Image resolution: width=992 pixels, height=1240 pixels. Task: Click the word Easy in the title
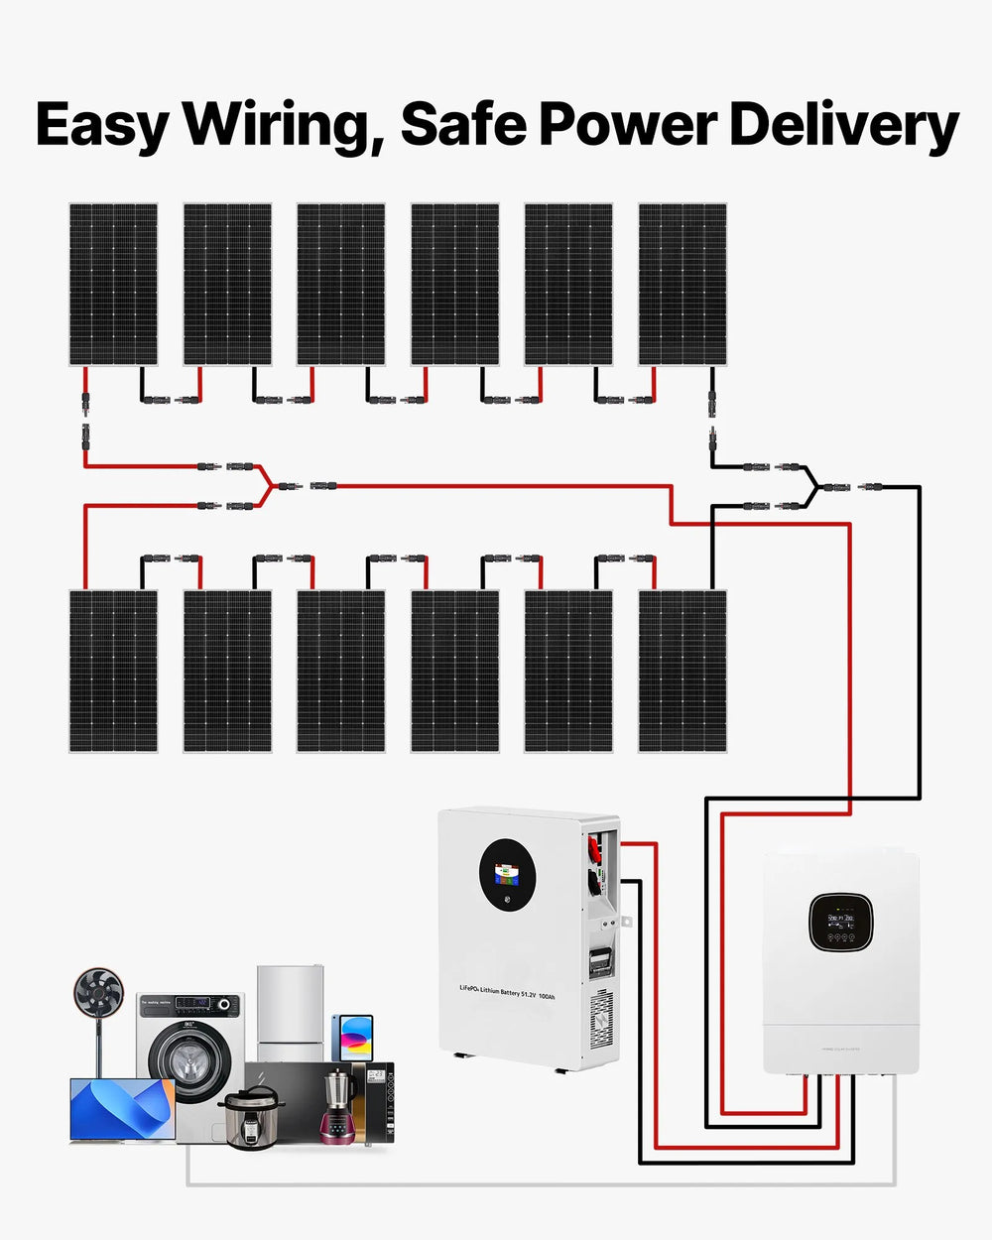[100, 126]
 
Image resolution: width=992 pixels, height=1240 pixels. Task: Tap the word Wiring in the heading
[284, 126]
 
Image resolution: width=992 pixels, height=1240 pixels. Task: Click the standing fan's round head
[98, 992]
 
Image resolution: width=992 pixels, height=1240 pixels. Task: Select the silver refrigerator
[291, 1012]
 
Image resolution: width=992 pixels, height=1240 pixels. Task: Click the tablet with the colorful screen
[353, 1038]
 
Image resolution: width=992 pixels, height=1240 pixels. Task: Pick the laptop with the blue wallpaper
[122, 1109]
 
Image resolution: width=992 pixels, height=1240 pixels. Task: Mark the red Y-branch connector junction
[267, 486]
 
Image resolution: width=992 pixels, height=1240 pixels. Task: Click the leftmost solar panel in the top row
[113, 285]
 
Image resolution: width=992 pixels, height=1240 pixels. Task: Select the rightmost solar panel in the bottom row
[682, 671]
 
